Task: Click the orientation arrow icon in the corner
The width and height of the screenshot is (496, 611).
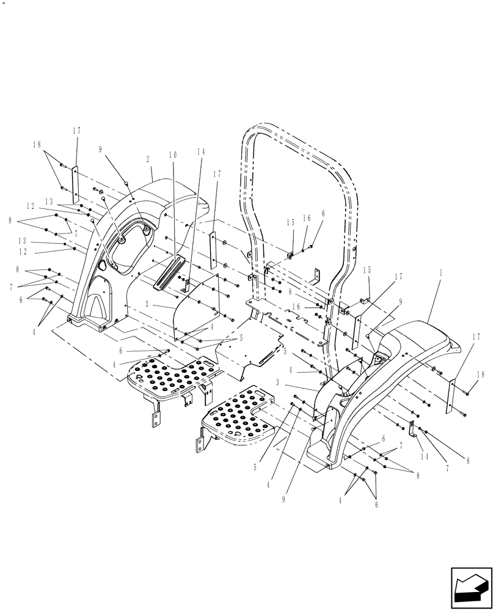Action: coord(470,584)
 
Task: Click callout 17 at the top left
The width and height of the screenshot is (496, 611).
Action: coord(76,130)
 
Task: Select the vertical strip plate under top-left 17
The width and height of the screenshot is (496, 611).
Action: coord(76,184)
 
